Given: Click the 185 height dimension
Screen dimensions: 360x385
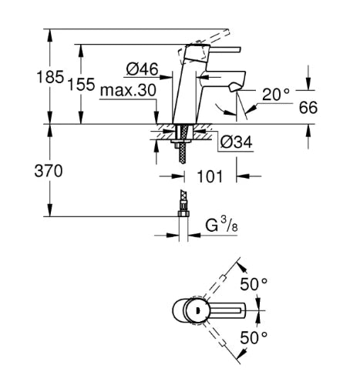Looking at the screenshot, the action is (50, 77).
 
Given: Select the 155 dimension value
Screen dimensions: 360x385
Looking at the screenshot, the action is (81, 84).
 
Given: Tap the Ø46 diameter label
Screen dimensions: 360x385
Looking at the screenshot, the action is (142, 69).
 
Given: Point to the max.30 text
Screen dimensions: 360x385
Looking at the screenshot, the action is (128, 90).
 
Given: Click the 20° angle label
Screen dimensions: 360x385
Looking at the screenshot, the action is (276, 94).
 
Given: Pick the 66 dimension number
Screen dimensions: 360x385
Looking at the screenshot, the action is (308, 107).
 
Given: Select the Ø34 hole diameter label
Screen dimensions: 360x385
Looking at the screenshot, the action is (237, 142).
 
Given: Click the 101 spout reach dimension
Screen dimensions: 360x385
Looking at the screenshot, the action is (210, 176).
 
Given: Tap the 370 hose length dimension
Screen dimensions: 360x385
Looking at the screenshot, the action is (49, 171).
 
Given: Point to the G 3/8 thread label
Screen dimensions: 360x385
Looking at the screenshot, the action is (221, 225).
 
